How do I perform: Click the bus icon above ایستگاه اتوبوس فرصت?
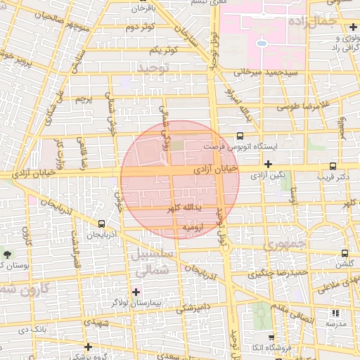point(240,136)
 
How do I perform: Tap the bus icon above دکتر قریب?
point(333,167)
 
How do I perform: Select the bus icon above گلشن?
point(344,253)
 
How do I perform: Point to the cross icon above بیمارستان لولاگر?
point(136,291)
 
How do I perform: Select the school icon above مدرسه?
point(335,314)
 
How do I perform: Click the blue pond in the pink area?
point(262,43)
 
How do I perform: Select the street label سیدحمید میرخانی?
point(270,72)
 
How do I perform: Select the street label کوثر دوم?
point(140,28)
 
